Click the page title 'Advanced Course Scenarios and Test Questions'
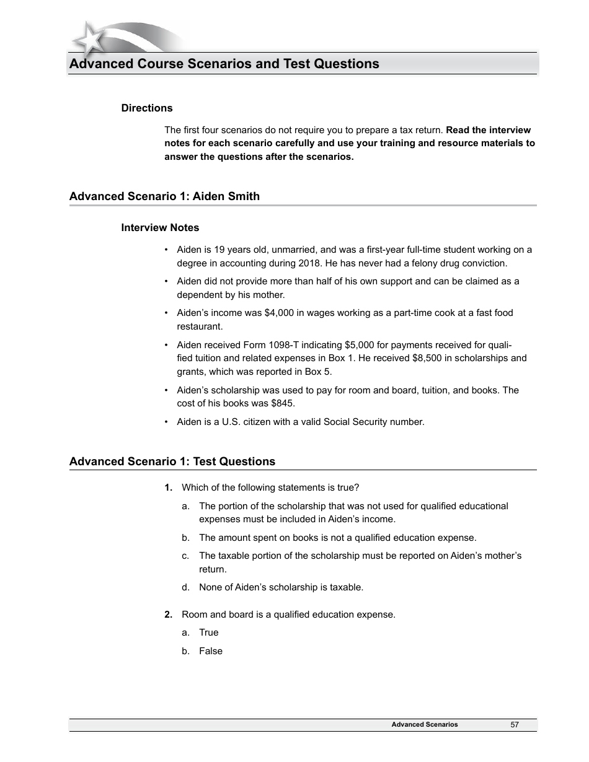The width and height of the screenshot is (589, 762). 224,64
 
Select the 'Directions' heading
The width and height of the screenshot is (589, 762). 147,108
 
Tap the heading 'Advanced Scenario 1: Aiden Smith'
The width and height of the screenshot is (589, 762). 164,196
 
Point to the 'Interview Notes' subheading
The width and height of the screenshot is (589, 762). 160,227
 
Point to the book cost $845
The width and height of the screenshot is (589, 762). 284,403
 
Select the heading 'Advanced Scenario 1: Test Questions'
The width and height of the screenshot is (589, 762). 172,462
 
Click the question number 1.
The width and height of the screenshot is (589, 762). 168,488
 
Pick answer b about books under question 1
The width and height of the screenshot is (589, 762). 337,538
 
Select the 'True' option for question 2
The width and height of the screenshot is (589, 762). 208,633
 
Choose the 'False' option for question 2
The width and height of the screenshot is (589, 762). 210,651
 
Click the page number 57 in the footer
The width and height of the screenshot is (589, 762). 515,724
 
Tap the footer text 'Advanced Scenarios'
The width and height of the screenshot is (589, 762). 425,724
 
